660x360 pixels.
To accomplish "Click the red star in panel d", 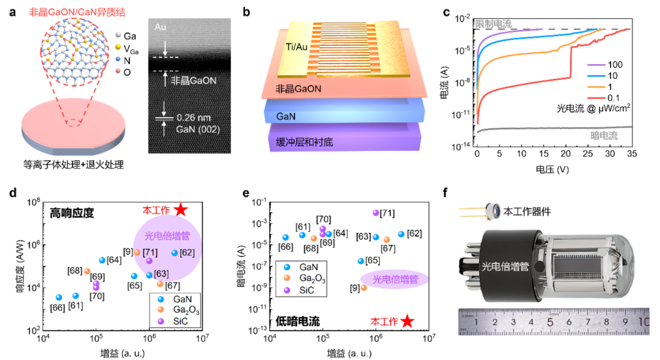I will (180, 210).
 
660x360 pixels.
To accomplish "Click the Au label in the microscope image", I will (160, 27).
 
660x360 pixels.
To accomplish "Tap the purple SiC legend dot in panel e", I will (286, 290).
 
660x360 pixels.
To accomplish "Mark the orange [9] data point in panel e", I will (364, 287).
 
